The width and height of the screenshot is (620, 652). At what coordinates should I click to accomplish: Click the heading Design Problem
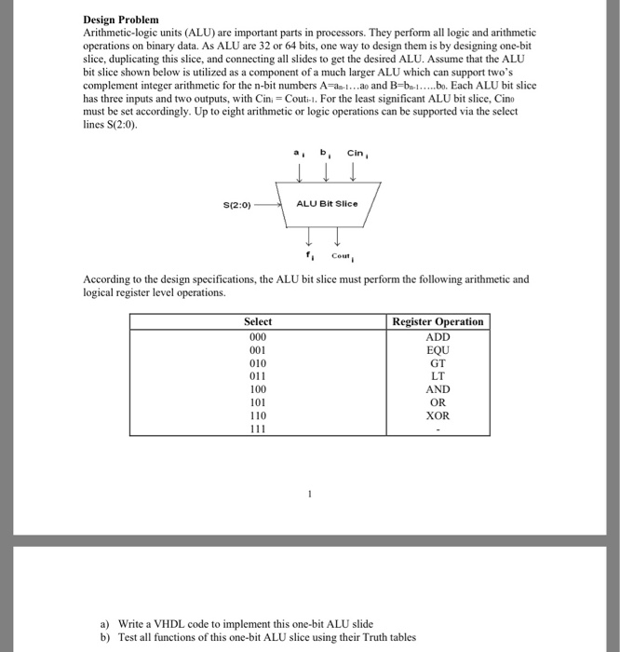tap(121, 20)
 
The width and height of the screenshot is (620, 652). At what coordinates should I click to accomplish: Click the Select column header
tap(258, 321)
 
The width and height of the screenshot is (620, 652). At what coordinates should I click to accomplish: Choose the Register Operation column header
tap(438, 321)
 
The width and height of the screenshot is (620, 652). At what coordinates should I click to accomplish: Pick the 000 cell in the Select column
tap(258, 336)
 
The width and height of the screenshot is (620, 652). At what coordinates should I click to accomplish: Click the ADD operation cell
tap(438, 336)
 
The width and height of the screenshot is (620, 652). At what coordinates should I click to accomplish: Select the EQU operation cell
tap(438, 349)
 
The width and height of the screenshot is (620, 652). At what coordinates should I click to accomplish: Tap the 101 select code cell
tap(258, 402)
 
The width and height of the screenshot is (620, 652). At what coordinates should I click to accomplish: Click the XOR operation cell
tap(438, 415)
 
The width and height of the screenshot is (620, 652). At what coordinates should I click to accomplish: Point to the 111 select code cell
tap(258, 428)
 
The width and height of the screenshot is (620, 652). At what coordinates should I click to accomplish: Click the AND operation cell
tap(438, 389)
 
